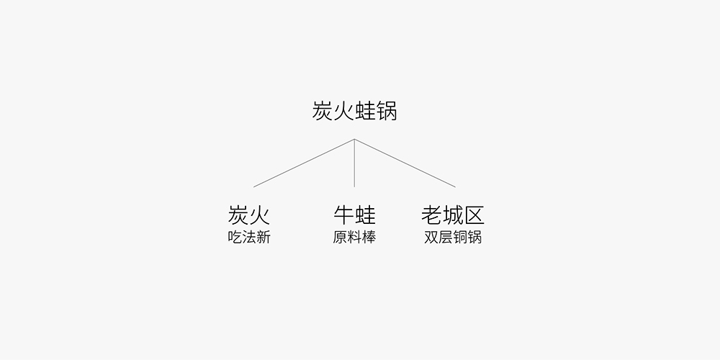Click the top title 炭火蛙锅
(x=354, y=111)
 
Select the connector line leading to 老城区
(x=405, y=163)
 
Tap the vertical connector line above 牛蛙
(x=354, y=163)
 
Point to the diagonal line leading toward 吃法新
(x=304, y=163)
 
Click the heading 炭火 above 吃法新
(x=249, y=215)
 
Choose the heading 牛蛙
(x=354, y=215)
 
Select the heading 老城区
(x=453, y=215)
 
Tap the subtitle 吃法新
(x=249, y=237)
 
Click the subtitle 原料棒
(x=354, y=237)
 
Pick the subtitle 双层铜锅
(x=453, y=237)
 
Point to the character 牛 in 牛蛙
(x=343, y=215)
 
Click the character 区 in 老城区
(x=474, y=215)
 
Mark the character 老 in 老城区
(x=431, y=215)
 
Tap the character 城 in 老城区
(x=453, y=215)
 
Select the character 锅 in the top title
(x=387, y=111)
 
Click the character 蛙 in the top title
(x=366, y=111)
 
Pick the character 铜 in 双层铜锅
(x=460, y=237)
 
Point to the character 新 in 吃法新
(x=264, y=237)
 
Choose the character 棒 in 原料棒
(x=369, y=237)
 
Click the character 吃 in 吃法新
(x=235, y=237)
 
